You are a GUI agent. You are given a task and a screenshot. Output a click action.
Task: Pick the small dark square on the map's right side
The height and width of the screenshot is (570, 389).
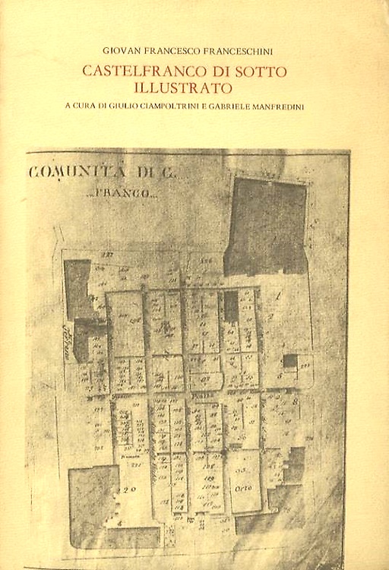[289, 362]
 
